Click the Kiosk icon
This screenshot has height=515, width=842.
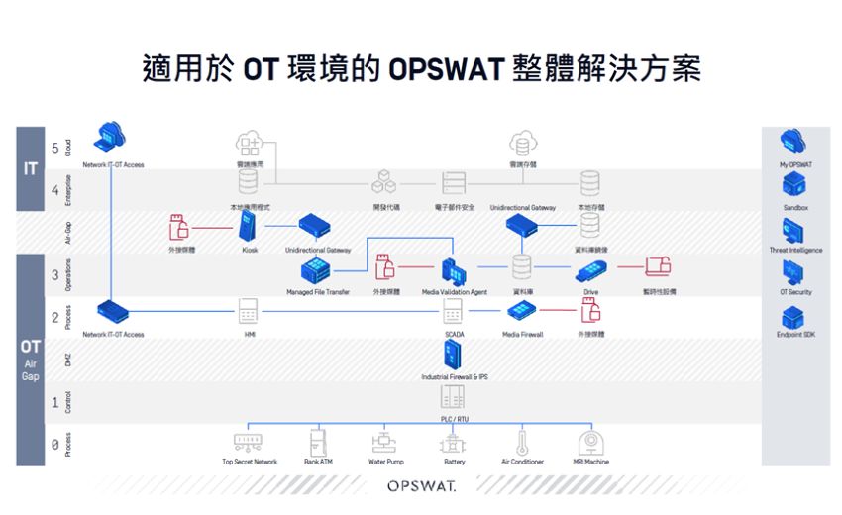[x=249, y=227]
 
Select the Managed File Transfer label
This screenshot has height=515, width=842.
[x=318, y=292]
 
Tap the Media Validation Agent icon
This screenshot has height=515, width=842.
[x=453, y=269]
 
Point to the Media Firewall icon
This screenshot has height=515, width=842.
[x=521, y=311]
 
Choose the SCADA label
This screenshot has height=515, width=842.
[x=455, y=335]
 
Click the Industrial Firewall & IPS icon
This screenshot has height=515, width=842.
[x=455, y=357]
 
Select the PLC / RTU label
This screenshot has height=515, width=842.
[x=455, y=419]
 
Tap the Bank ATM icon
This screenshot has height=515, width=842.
[x=318, y=442]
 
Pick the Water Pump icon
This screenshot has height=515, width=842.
[x=383, y=442]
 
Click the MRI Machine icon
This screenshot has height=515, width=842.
[x=591, y=442]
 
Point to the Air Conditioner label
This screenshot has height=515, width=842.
[x=522, y=462]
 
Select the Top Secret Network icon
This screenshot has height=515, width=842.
[x=249, y=442]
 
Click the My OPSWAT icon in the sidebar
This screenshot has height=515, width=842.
[x=793, y=142]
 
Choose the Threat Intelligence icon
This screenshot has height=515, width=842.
[x=793, y=230]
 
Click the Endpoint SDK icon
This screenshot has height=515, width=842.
[x=793, y=316]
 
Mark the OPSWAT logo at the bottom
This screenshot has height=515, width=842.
[x=420, y=486]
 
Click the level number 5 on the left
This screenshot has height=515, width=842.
[x=54, y=148]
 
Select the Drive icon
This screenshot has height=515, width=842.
[x=590, y=269]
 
